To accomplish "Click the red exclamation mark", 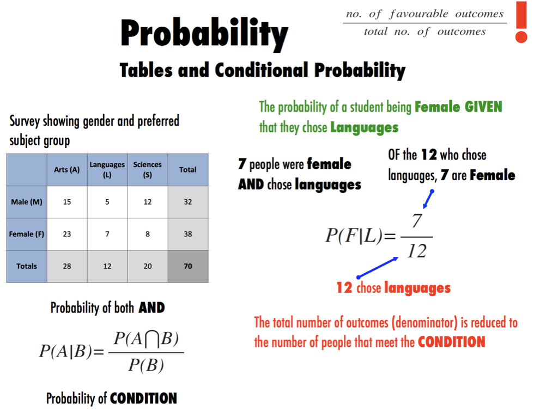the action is (521, 22).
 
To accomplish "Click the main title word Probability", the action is (204, 34).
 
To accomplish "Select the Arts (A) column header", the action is (67, 170).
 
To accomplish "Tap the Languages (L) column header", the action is (107, 170).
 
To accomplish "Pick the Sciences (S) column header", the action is (147, 170).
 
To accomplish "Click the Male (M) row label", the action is (27, 202).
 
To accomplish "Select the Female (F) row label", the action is (27, 234).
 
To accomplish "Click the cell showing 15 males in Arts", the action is (67, 202).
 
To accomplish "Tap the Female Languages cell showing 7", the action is (107, 234).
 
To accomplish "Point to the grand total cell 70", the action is (188, 266).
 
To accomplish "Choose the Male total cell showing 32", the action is (188, 202).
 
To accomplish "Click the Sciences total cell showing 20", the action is (147, 266).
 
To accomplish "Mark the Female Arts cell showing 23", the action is (67, 234).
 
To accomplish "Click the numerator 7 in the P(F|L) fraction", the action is (417, 221).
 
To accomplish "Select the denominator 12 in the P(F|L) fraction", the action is (417, 251).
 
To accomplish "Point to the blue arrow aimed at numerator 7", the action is (428, 199).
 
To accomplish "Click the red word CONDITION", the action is (451, 342).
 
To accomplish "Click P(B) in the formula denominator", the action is (146, 365).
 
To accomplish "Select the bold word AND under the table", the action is (151, 308).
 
